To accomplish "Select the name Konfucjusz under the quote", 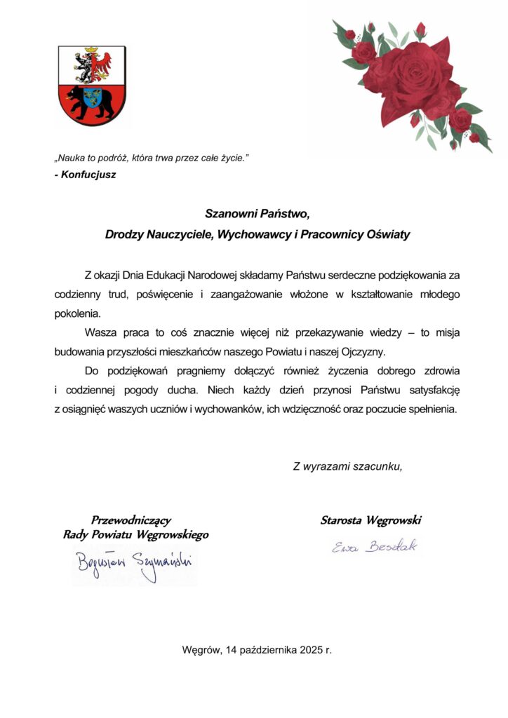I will (x=87, y=175).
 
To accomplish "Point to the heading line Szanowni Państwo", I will (x=257, y=212).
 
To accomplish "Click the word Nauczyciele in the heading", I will (x=178, y=235).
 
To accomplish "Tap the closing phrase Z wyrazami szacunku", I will (x=347, y=466).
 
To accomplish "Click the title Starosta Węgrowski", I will (x=370, y=520).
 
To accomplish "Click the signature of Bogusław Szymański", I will (x=133, y=563).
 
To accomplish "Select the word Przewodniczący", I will (x=131, y=520).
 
